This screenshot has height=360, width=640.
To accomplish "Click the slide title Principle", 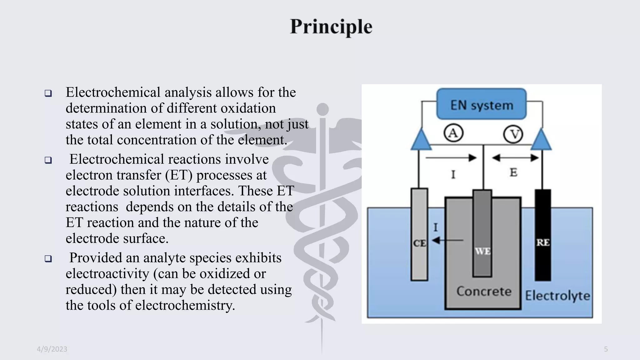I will (331, 27).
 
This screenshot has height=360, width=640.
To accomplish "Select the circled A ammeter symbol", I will (453, 133).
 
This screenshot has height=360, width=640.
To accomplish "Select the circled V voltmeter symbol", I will (513, 134).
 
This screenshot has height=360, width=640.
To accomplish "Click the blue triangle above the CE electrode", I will (421, 140).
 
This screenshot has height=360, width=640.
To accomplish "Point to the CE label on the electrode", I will (419, 243).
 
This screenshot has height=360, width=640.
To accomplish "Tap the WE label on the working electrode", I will (482, 251).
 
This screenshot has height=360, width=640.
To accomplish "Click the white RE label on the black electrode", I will (543, 242).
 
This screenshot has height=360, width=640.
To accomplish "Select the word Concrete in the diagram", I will (484, 291).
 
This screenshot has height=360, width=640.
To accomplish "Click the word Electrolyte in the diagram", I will (557, 296).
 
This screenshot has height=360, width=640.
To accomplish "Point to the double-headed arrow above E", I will (515, 158).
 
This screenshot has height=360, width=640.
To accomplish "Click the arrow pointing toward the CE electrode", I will (447, 240).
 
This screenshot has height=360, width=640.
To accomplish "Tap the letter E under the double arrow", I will (513, 172).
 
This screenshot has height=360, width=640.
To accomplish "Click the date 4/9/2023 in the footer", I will (52, 349).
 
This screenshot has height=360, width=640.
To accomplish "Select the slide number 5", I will (606, 349).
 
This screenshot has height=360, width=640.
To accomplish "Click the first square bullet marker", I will (48, 93).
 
